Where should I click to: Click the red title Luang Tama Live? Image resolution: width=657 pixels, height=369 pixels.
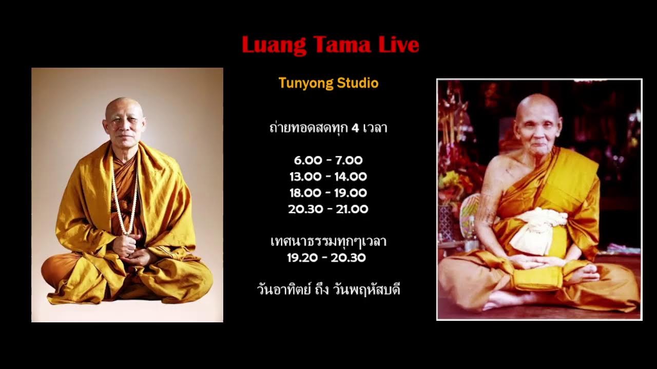tap(330, 45)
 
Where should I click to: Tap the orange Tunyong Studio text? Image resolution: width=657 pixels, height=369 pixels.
tap(328, 83)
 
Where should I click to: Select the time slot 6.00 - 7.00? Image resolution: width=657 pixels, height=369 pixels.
tap(328, 160)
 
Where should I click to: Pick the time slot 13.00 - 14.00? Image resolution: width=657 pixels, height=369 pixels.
tap(328, 177)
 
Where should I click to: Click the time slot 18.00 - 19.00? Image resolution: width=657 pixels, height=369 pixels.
tap(328, 193)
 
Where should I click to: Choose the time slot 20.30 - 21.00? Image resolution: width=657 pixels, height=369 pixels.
tap(328, 209)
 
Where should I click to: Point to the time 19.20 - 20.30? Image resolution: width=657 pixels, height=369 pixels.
tap(326, 258)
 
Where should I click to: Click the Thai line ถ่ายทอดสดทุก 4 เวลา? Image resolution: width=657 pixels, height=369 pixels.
tap(328, 128)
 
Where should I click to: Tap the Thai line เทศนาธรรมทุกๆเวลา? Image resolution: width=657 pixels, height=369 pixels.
tap(328, 241)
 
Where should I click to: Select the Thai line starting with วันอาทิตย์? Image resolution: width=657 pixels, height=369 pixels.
tap(328, 290)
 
